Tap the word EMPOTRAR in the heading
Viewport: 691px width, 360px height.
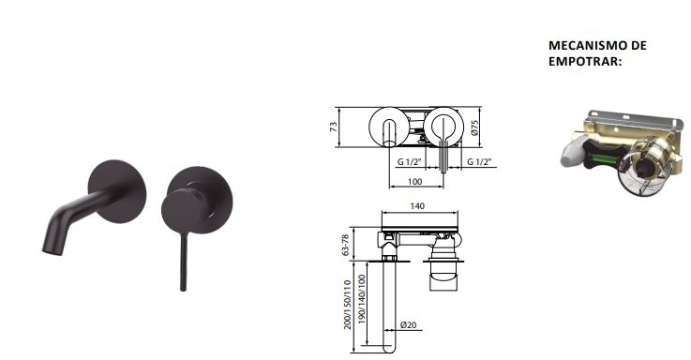pyautogui.click(x=583, y=61)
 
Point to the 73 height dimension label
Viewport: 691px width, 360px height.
pyautogui.click(x=334, y=127)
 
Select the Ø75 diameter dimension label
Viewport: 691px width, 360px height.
pyautogui.click(x=474, y=127)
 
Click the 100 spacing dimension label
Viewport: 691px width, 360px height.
pyautogui.click(x=414, y=181)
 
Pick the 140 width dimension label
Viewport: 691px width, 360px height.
pyautogui.click(x=417, y=205)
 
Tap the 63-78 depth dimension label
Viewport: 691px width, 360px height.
pyautogui.click(x=345, y=245)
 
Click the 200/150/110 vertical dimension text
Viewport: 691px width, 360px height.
pyautogui.click(x=347, y=305)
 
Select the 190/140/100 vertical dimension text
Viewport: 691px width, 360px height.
pyautogui.click(x=362, y=300)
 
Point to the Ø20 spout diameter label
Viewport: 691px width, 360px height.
pyautogui.click(x=408, y=325)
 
